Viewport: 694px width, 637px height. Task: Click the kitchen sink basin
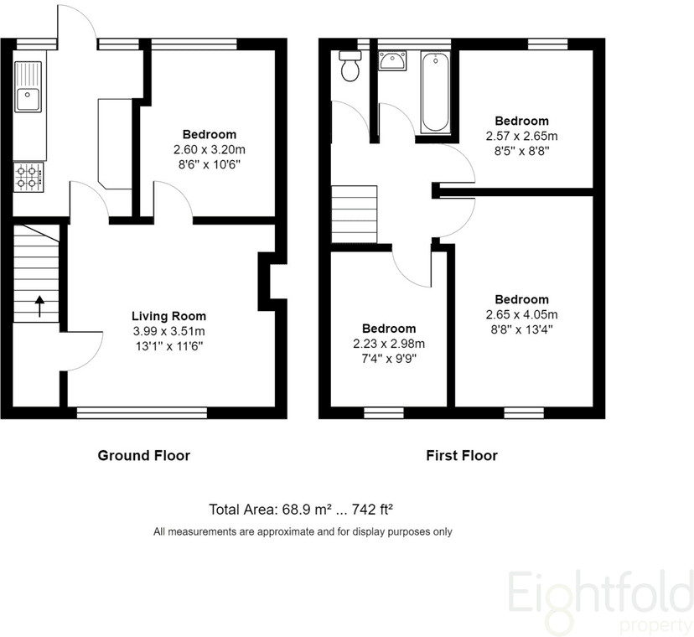click(28, 100)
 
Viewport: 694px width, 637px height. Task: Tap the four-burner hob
click(28, 177)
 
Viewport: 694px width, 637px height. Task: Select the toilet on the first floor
click(350, 66)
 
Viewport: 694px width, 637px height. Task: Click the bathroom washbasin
click(392, 60)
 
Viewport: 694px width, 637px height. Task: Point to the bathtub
click(436, 92)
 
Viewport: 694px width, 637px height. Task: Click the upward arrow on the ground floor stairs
click(40, 306)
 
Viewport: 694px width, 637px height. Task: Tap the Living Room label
click(168, 316)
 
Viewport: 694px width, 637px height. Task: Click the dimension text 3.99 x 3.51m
click(168, 331)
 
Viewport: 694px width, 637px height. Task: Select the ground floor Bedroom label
click(210, 134)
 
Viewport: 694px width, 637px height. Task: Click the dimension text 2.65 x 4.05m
click(521, 315)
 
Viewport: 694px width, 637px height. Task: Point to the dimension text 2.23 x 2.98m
click(389, 344)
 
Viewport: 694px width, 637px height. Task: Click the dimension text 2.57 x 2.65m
click(521, 136)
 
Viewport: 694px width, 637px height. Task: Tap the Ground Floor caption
click(144, 455)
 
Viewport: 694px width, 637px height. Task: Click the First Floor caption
click(462, 455)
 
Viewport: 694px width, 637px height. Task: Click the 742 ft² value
click(372, 510)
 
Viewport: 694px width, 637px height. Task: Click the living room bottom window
click(142, 413)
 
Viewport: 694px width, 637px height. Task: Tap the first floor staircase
click(354, 215)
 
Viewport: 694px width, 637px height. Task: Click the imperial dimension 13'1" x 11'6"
click(168, 346)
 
